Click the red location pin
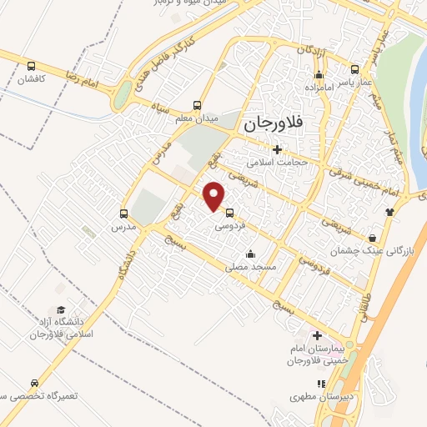pyautogui.click(x=215, y=195)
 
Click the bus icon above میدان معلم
pyautogui.click(x=197, y=105)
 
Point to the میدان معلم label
pyautogui.click(x=196, y=119)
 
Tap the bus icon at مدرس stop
pyautogui.click(x=124, y=213)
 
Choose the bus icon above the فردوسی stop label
pyautogui.click(x=229, y=212)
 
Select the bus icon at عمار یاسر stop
pyautogui.click(x=354, y=70)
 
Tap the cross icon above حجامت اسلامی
pyautogui.click(x=276, y=149)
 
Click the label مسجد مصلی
pyautogui.click(x=249, y=268)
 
